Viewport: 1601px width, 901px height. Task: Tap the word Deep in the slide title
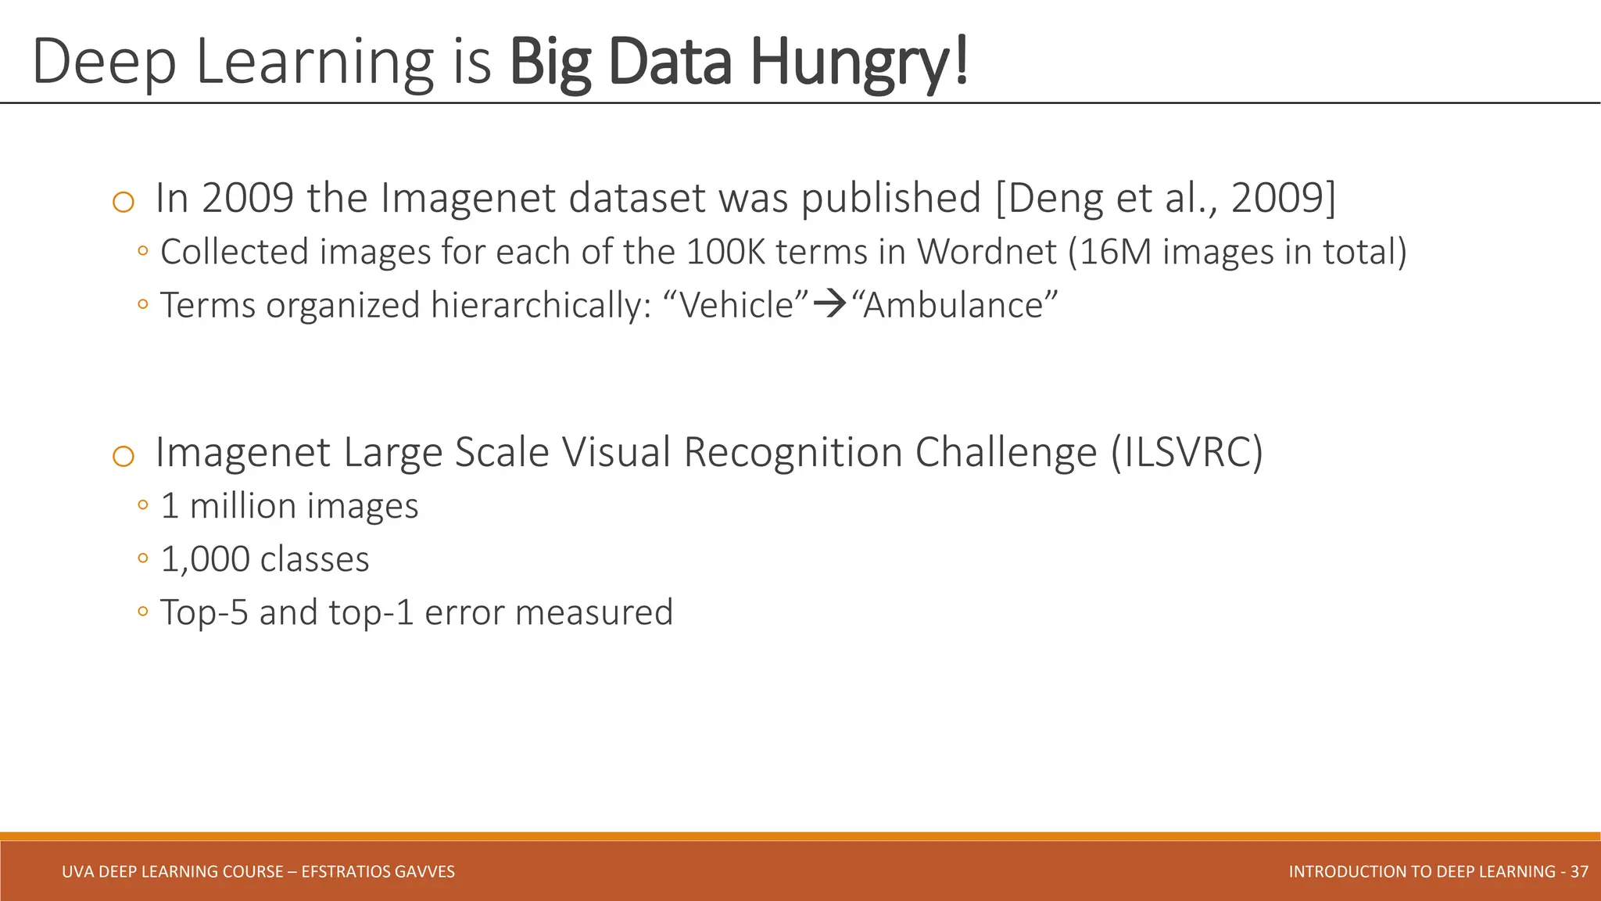coord(104,63)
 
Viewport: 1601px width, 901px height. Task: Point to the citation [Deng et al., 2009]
coord(1166,198)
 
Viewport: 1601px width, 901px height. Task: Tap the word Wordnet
coord(987,252)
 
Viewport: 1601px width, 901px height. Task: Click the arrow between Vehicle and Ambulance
coord(830,304)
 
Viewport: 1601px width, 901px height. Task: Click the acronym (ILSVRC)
coord(1187,452)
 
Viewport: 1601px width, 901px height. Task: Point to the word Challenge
coord(1006,452)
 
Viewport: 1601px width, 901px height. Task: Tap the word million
coord(238,506)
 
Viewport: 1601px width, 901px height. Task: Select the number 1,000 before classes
coord(205,559)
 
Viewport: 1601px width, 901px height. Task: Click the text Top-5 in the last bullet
coord(204,612)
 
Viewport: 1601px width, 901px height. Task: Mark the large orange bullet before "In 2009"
coord(124,203)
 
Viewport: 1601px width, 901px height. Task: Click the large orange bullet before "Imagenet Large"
coord(124,457)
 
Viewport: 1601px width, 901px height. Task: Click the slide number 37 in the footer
coord(1579,871)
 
